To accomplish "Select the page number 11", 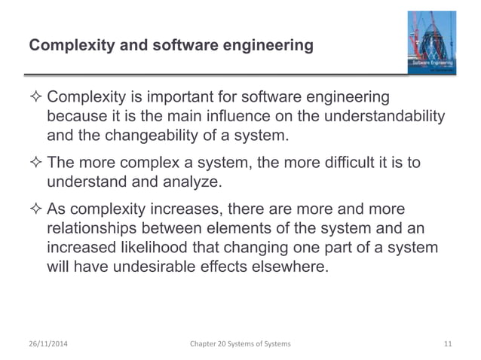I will [448, 344].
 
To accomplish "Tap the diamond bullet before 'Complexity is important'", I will [35, 99].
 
